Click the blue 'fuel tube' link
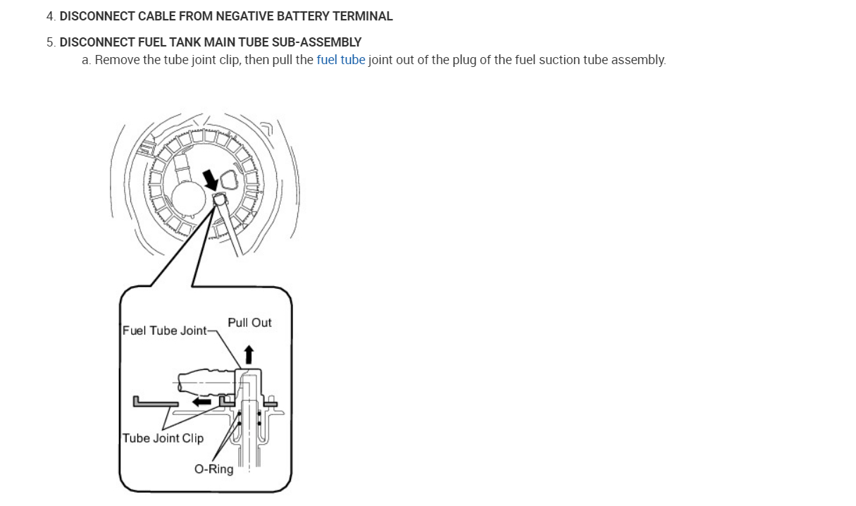coord(341,60)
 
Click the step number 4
coord(50,16)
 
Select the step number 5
coord(50,42)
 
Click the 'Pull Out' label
coord(249,323)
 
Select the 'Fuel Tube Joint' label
coord(165,331)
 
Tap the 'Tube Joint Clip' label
coord(163,438)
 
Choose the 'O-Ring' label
coord(214,469)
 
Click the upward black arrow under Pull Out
coord(248,354)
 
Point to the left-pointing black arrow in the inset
coord(202,401)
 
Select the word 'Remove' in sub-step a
coord(117,60)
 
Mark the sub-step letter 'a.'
coord(87,60)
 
